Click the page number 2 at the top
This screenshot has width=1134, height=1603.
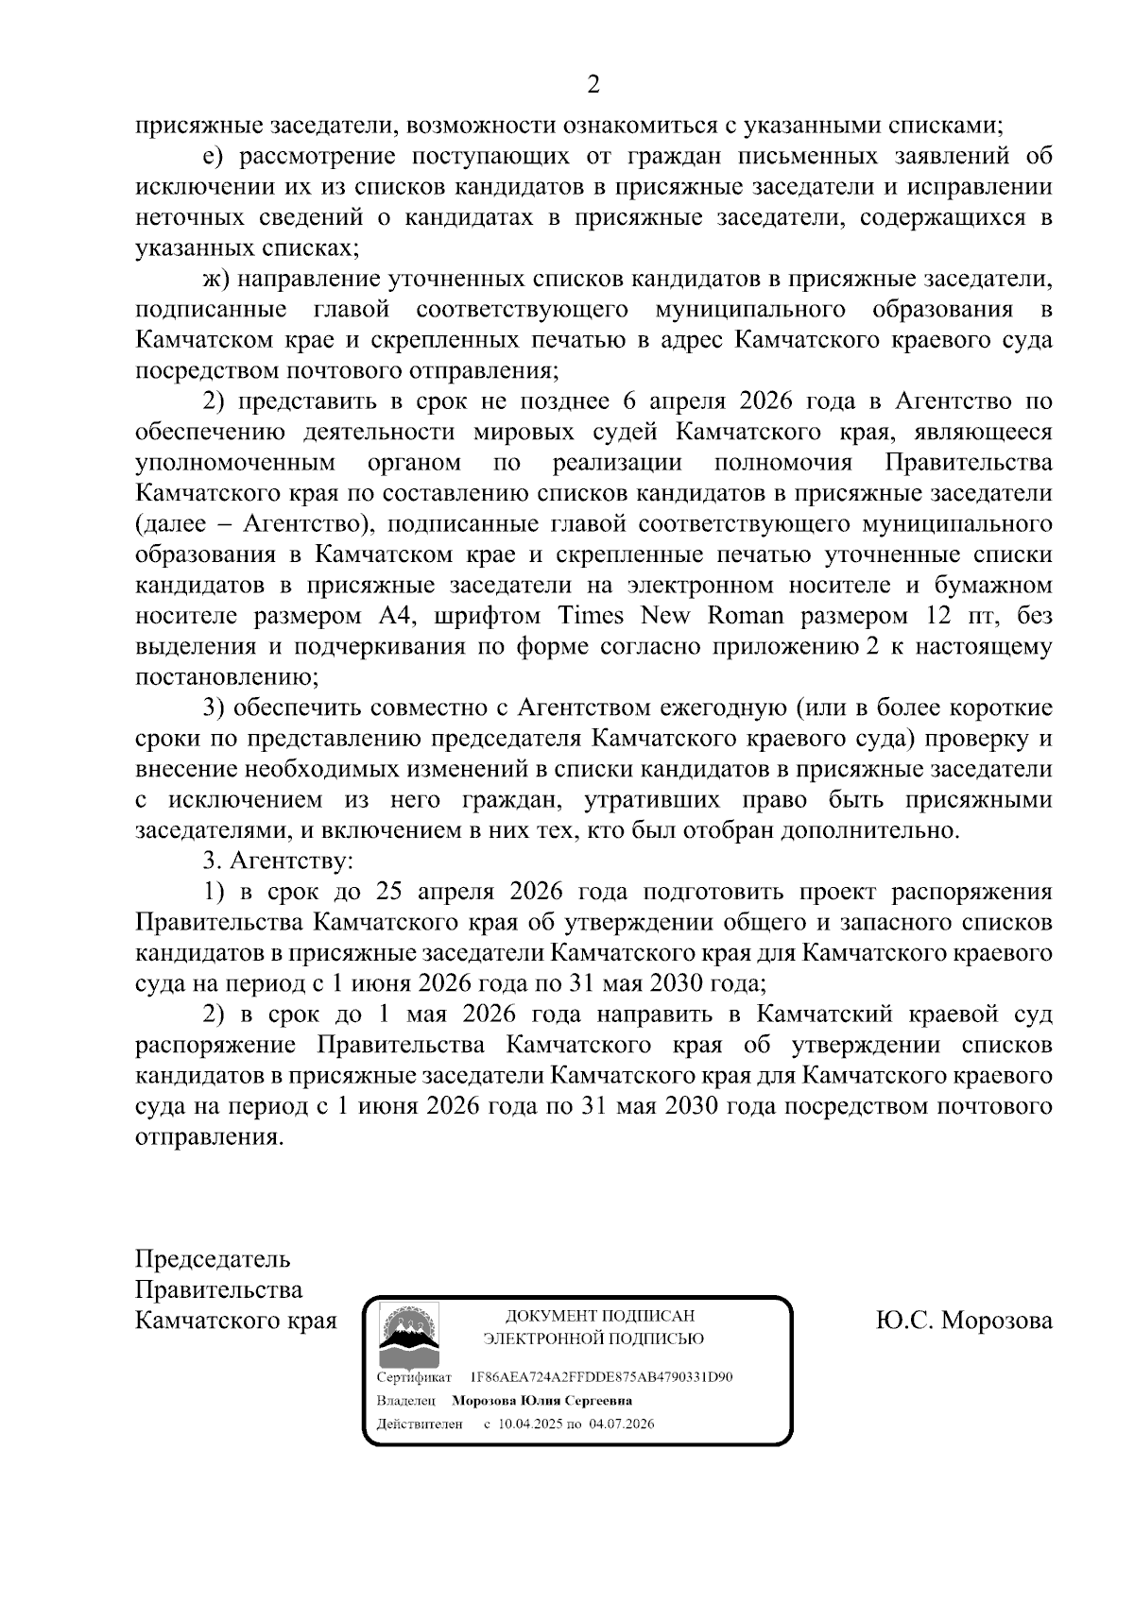click(593, 85)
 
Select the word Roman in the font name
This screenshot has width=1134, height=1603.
click(746, 616)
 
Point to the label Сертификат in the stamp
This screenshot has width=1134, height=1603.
click(414, 1377)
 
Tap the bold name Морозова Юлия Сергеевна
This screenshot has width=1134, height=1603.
click(541, 1401)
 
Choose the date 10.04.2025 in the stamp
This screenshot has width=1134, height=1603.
click(529, 1424)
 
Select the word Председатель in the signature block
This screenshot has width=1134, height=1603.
click(213, 1259)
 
